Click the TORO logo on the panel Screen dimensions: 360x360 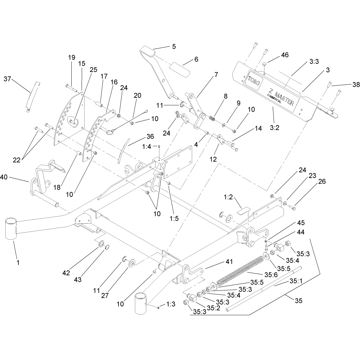254,80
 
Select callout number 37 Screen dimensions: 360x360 7,79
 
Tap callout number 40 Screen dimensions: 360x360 4,177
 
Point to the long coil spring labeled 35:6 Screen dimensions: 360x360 240,270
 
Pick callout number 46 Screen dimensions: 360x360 285,55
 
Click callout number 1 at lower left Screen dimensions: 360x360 18,263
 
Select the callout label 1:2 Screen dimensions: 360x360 228,197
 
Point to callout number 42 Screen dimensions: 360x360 66,273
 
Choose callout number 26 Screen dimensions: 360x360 322,181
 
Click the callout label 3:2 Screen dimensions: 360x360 274,128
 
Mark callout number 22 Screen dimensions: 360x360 17,160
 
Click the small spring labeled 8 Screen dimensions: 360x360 212,119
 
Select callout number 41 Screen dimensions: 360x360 229,262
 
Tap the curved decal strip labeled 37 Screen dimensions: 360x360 32,97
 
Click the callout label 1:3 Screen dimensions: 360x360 171,304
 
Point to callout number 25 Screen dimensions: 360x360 93,69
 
